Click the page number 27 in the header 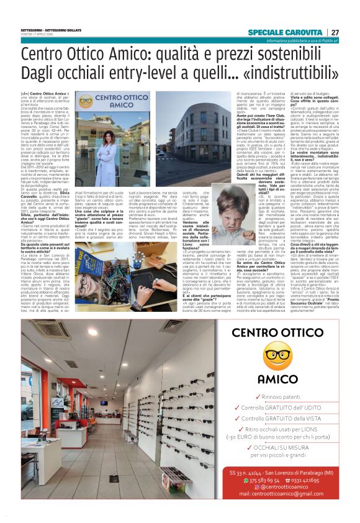pos(335,32)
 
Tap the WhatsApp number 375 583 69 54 pos(261,480)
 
